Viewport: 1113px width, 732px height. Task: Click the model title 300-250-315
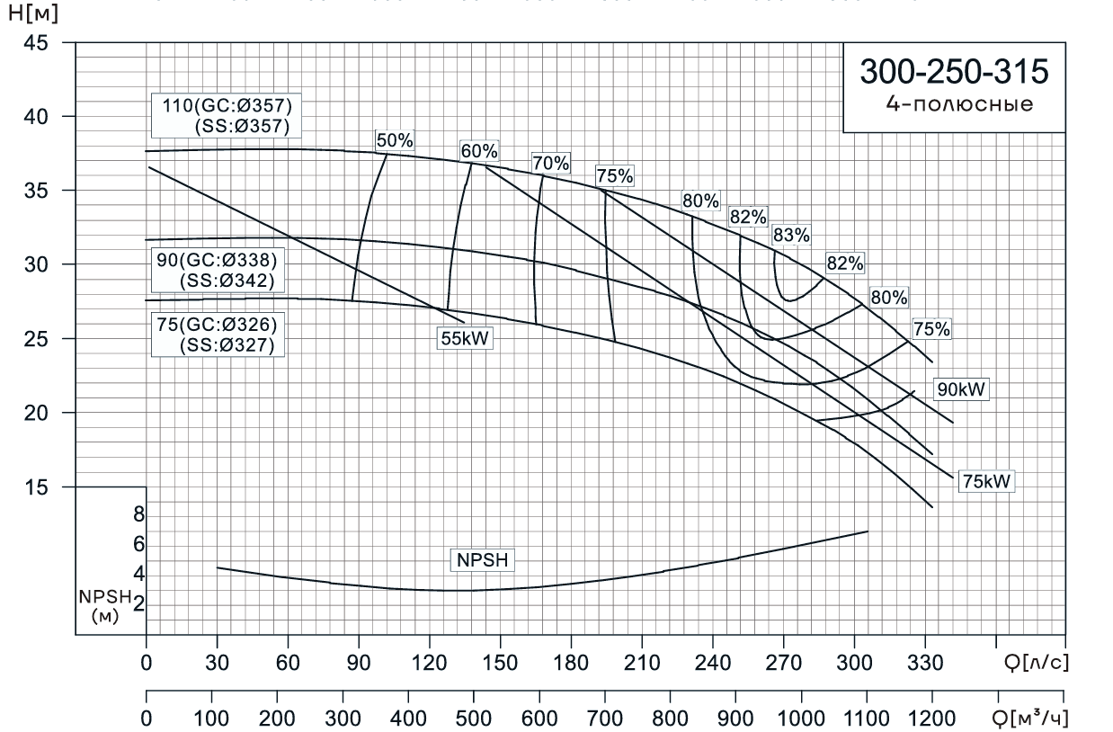pyautogui.click(x=954, y=72)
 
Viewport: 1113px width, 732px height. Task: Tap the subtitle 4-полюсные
pyautogui.click(x=954, y=103)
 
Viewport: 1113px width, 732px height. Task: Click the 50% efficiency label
pyautogui.click(x=394, y=140)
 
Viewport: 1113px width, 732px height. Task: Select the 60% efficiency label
pyautogui.click(x=479, y=151)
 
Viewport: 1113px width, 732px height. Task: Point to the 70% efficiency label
pyautogui.click(x=550, y=164)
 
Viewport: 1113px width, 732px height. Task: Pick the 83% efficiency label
pyautogui.click(x=791, y=236)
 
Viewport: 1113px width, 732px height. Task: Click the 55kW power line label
pyautogui.click(x=466, y=338)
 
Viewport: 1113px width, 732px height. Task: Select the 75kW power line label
pyautogui.click(x=986, y=481)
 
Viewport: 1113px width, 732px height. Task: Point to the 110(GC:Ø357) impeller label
pyautogui.click(x=227, y=103)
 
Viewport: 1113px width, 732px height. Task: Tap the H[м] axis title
pyautogui.click(x=25, y=16)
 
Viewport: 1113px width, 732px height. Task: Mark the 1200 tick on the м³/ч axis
pyautogui.click(x=932, y=720)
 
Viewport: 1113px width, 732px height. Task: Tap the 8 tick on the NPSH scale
pyautogui.click(x=138, y=514)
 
